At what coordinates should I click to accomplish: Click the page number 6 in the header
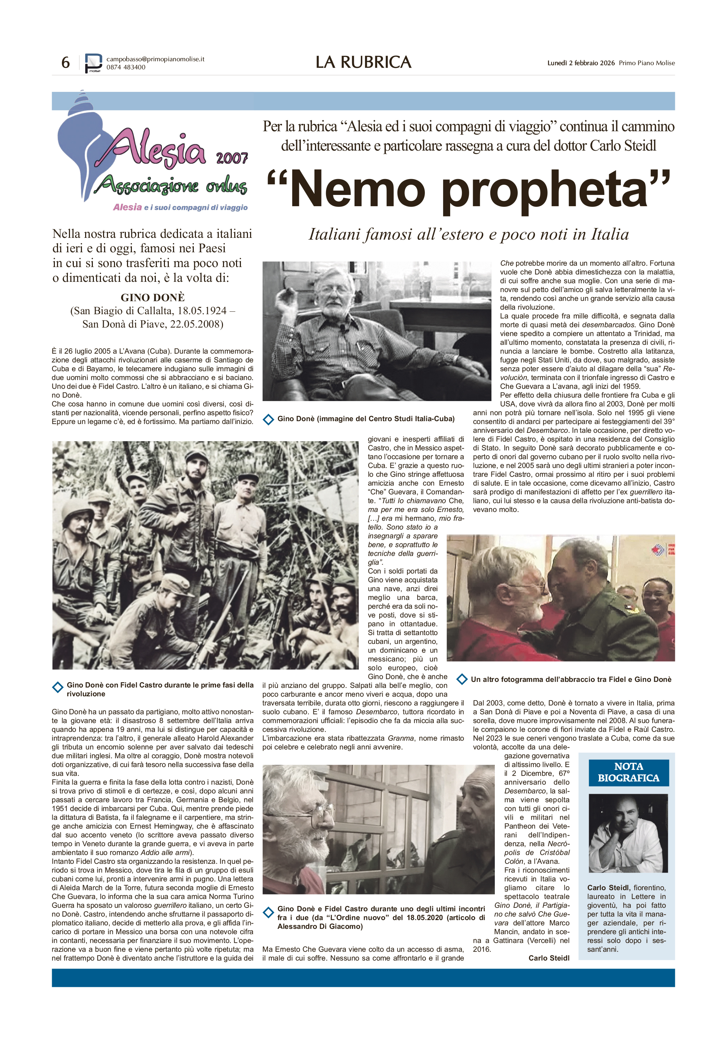point(66,62)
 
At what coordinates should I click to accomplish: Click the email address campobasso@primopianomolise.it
point(155,59)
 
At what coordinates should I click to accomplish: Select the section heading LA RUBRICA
point(363,62)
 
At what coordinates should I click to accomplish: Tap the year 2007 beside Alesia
point(232,158)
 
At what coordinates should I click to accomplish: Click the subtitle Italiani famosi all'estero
point(468,234)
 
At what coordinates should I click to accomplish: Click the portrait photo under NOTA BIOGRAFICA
point(628,833)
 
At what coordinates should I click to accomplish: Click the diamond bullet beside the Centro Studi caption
point(268,419)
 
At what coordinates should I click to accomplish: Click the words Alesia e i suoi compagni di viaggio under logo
point(180,207)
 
